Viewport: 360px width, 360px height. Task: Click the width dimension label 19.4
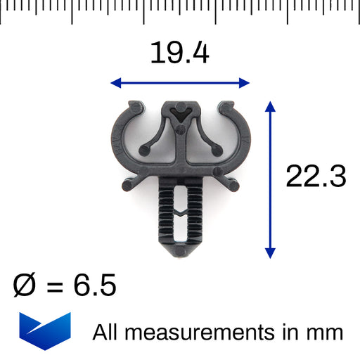point(180,53)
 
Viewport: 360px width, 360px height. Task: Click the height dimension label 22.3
point(316,176)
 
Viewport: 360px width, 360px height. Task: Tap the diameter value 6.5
point(95,285)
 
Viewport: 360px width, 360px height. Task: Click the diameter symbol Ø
point(25,285)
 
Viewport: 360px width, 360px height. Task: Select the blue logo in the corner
point(45,331)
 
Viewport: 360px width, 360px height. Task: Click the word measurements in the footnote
point(200,333)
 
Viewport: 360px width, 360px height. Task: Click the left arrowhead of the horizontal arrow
point(116,83)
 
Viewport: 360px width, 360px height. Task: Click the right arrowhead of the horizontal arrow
point(244,83)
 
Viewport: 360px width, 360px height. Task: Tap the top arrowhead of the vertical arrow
point(270,106)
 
